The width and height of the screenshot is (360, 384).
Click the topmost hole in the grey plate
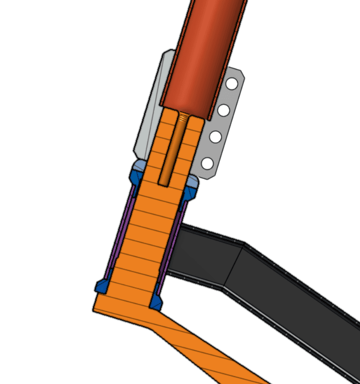pyautogui.click(x=232, y=84)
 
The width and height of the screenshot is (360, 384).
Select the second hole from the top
pyautogui.click(x=224, y=111)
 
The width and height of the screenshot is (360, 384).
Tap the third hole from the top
pyautogui.click(x=215, y=138)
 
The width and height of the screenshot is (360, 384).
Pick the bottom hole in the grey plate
pyautogui.click(x=207, y=164)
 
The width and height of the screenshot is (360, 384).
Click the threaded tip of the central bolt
pyautogui.click(x=183, y=117)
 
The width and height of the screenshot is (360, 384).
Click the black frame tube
pyautogui.click(x=282, y=291)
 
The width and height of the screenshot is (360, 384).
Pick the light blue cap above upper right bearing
pyautogui.click(x=193, y=181)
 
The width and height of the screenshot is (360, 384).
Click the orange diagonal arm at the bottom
pyautogui.click(x=211, y=352)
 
